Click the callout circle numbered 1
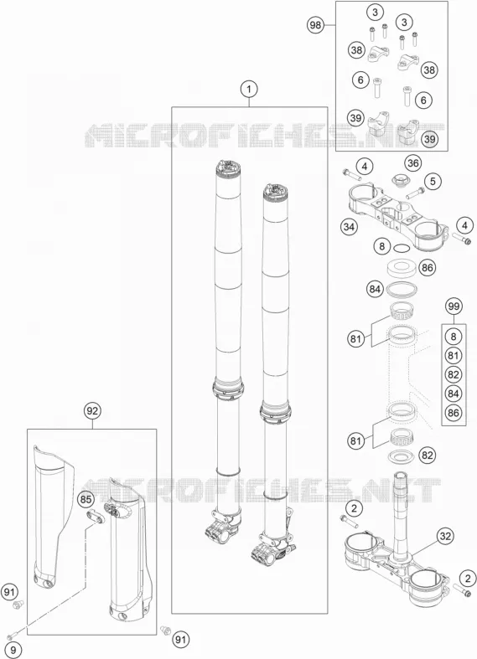click(x=249, y=89)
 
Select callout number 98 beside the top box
click(x=315, y=25)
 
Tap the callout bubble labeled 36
click(x=413, y=162)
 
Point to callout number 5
click(x=433, y=181)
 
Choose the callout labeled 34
click(x=349, y=227)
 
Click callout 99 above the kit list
click(x=454, y=306)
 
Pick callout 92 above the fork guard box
click(x=92, y=410)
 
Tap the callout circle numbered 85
click(x=86, y=500)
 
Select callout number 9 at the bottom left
click(x=13, y=649)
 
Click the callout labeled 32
click(x=445, y=536)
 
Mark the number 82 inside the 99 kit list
click(x=454, y=374)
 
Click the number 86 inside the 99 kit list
click(x=454, y=413)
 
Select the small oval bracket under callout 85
click(x=95, y=517)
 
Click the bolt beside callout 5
click(x=415, y=193)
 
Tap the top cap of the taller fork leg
click(x=229, y=167)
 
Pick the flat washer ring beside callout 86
click(x=402, y=269)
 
